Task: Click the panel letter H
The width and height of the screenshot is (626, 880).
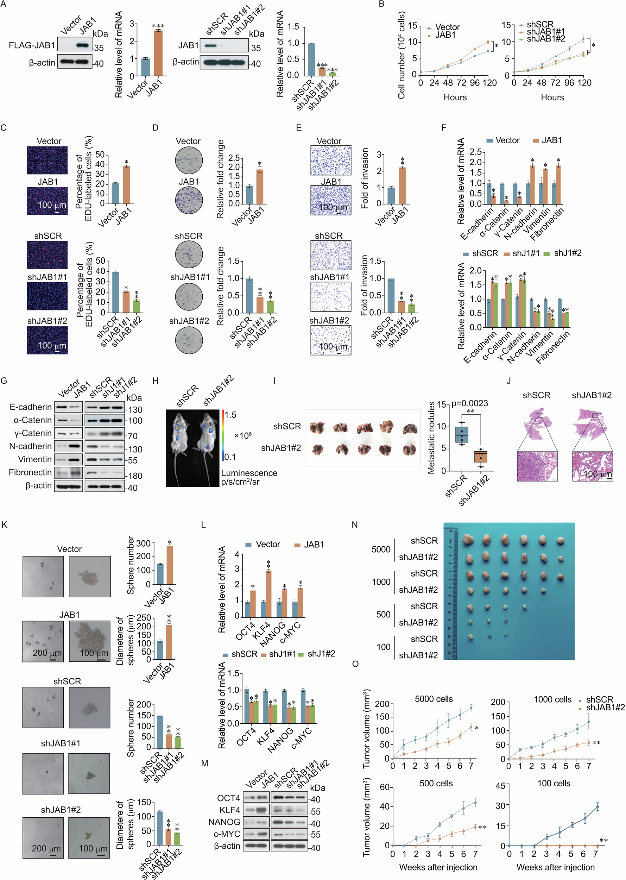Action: point(155,381)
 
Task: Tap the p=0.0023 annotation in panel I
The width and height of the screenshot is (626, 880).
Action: point(469,403)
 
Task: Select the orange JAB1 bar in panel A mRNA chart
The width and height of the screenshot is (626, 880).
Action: point(158,53)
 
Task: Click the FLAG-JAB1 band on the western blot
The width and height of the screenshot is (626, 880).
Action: point(82,45)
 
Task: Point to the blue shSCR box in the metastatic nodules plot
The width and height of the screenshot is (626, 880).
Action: point(461,434)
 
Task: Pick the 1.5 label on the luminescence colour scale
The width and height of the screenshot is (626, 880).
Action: point(230,415)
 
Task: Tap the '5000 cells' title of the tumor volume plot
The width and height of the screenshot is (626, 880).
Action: point(434,699)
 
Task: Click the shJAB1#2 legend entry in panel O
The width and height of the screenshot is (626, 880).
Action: point(605,707)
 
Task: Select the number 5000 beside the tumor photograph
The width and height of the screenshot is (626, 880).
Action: point(381,549)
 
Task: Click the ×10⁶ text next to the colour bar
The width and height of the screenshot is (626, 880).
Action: point(243,436)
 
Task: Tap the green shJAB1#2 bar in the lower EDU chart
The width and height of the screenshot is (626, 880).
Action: point(137,306)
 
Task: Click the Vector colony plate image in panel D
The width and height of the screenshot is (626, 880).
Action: point(189,161)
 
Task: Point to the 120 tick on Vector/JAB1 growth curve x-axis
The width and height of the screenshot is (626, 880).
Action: point(489,82)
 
